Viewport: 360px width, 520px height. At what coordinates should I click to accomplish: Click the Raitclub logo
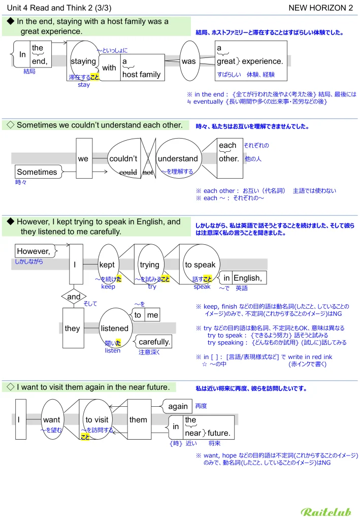click(326, 512)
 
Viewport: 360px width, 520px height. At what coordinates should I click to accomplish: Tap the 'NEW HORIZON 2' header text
click(320, 8)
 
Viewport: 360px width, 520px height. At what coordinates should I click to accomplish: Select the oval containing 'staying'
click(83, 61)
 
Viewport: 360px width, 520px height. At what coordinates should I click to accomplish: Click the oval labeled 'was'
click(188, 61)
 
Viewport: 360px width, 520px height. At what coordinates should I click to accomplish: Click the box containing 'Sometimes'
click(37, 172)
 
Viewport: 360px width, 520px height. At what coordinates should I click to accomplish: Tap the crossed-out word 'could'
click(128, 173)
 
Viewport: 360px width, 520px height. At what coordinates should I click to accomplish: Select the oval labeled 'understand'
click(178, 158)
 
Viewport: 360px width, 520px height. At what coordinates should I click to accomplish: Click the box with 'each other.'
click(228, 152)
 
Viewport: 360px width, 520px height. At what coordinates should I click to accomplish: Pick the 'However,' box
click(34, 251)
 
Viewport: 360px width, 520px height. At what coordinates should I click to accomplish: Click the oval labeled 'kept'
click(108, 265)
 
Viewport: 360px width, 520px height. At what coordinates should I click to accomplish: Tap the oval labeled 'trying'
click(150, 265)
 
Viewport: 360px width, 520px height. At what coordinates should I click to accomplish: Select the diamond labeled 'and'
click(74, 297)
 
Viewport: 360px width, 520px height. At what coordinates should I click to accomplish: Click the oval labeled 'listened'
click(115, 329)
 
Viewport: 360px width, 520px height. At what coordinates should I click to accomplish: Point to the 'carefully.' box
click(154, 342)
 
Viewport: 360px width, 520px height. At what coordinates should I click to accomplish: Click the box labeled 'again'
click(178, 406)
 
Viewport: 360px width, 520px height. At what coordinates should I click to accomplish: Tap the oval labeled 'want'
click(51, 420)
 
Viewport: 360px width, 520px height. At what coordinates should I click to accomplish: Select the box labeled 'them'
click(139, 419)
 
